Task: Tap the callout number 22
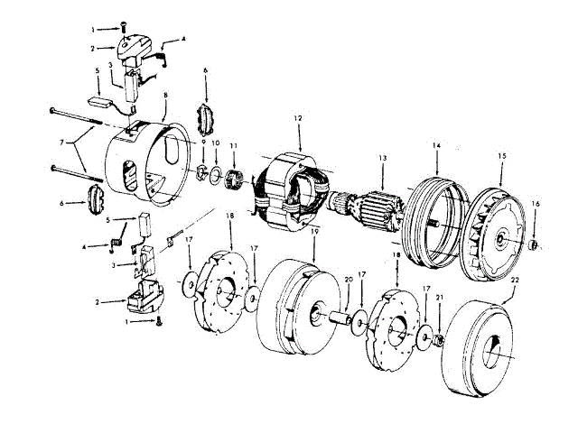pos(517,281)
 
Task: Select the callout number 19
pos(313,232)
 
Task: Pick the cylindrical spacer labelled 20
pos(341,317)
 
